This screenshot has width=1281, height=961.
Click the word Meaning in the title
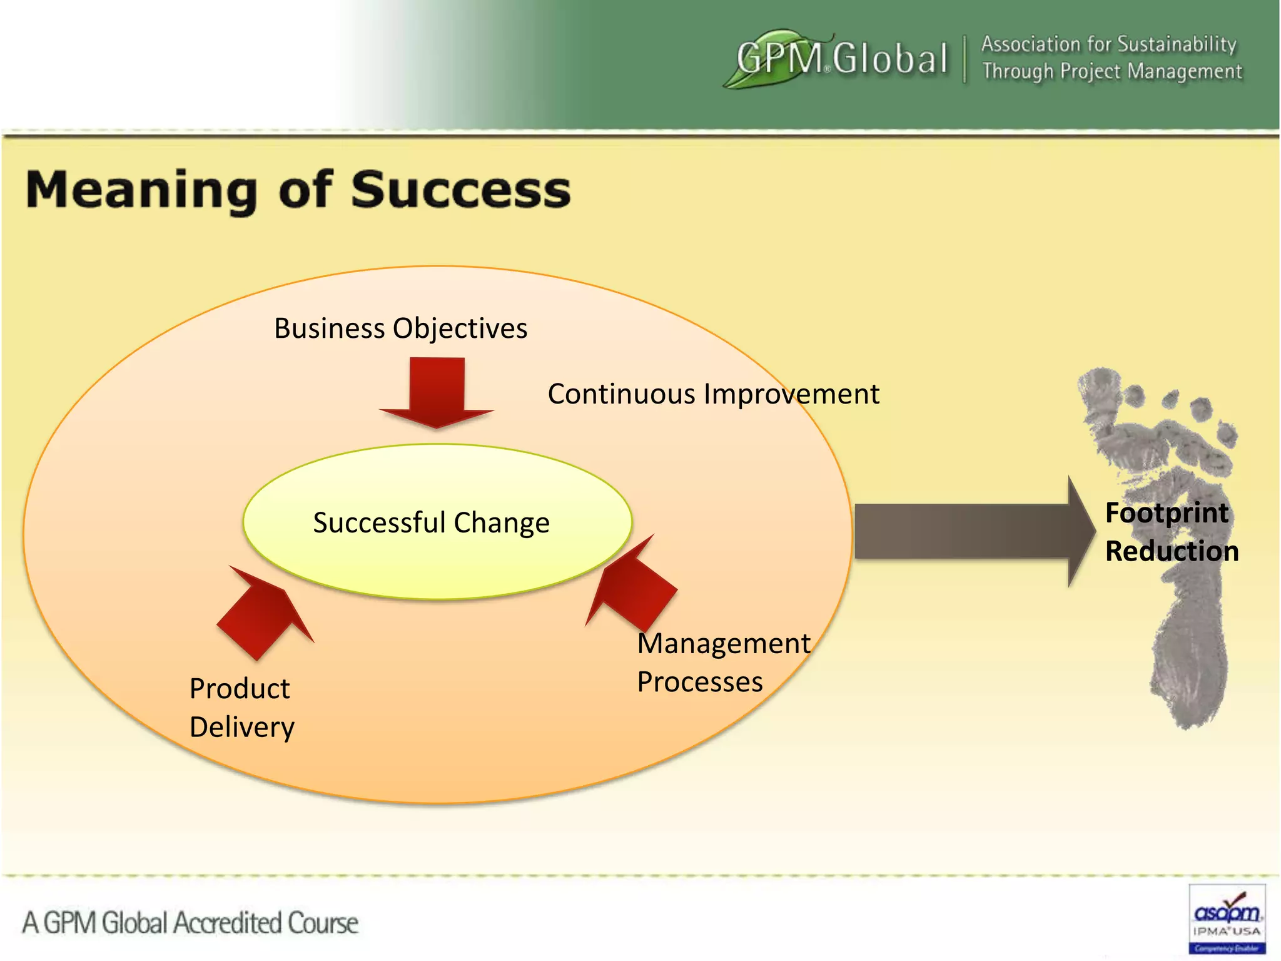141,191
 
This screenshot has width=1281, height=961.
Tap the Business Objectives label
400,328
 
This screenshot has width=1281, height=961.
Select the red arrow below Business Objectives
437,391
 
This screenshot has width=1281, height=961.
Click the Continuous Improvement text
713,394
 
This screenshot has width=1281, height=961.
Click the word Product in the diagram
240,689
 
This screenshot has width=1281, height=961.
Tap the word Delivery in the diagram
242,727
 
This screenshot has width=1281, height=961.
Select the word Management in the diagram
724,644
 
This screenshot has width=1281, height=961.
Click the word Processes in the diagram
700,682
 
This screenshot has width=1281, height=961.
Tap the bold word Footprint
1167,513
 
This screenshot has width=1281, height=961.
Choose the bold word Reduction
1172,551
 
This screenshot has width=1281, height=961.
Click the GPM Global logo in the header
838,58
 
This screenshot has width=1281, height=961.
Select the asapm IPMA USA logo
1227,918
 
